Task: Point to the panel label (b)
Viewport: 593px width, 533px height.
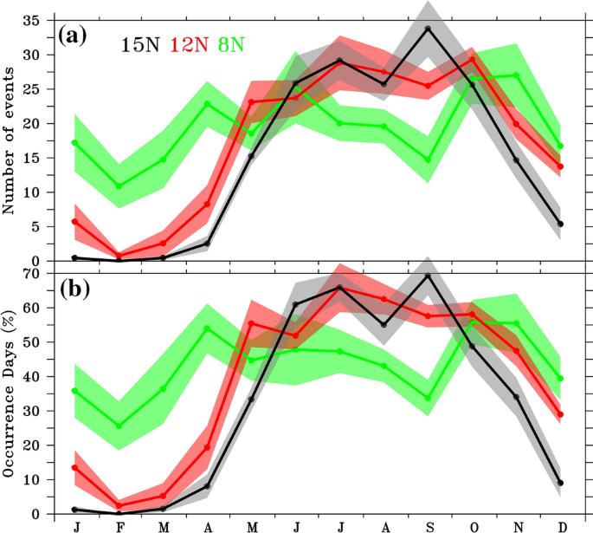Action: pyautogui.click(x=75, y=289)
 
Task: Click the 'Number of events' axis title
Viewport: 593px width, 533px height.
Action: pyautogui.click(x=11, y=138)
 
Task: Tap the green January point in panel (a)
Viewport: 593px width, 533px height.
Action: pyautogui.click(x=75, y=143)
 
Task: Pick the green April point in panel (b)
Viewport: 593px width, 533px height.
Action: pyautogui.click(x=208, y=328)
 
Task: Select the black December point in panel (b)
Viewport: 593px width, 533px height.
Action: pyautogui.click(x=561, y=483)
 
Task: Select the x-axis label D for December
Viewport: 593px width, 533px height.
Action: pyautogui.click(x=561, y=525)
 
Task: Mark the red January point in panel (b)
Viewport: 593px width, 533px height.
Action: pyautogui.click(x=75, y=467)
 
